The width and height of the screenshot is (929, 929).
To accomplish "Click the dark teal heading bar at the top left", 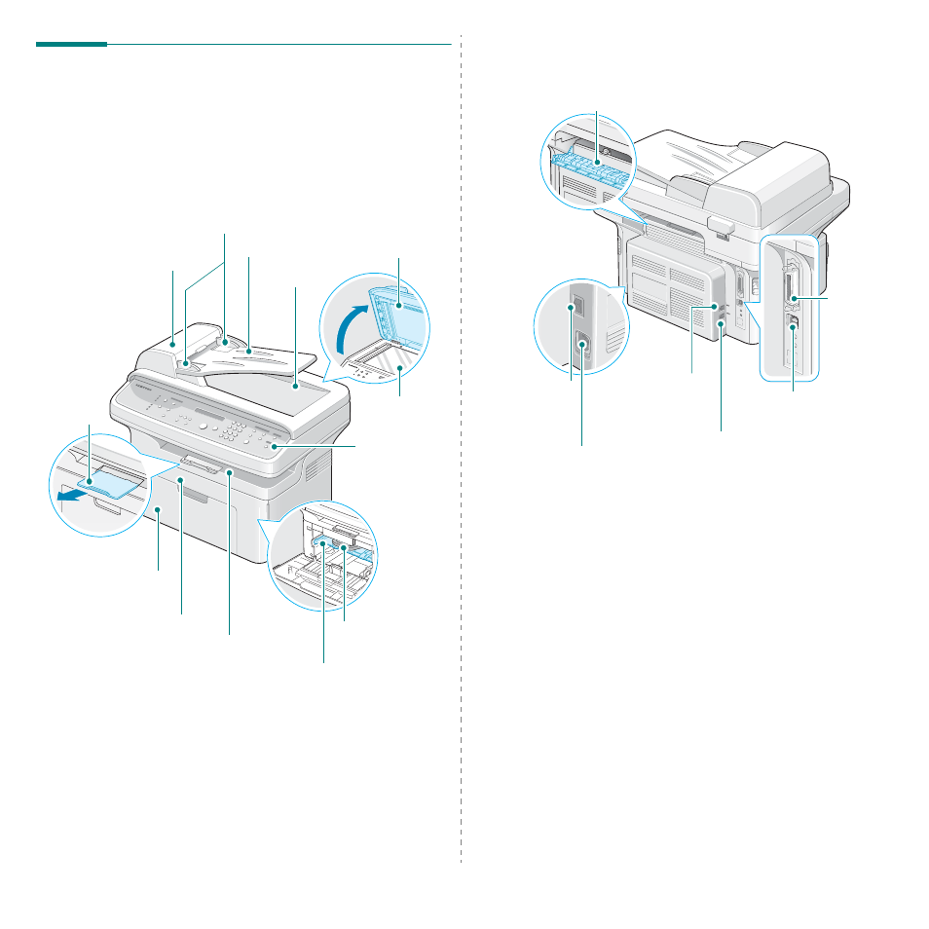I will [71, 43].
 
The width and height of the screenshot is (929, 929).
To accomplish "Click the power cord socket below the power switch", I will [582, 346].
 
